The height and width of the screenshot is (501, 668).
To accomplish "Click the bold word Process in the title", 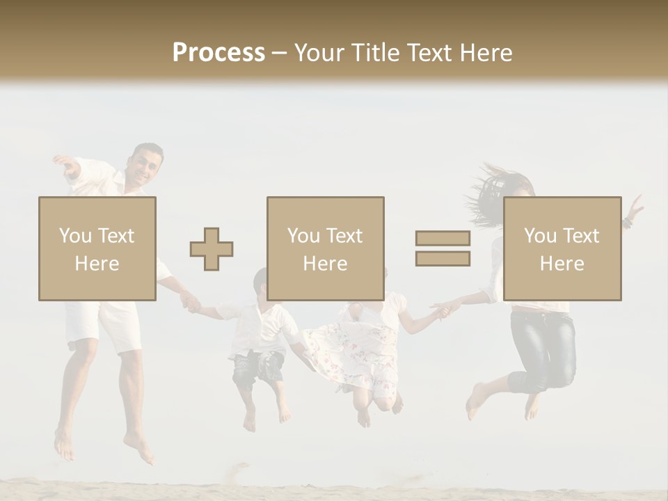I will (218, 53).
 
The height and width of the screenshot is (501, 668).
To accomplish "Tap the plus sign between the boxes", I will (212, 249).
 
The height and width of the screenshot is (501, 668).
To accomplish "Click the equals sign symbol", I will (443, 248).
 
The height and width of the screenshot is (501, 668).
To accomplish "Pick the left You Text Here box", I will (97, 248).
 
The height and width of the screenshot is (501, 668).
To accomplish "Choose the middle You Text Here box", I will (326, 248).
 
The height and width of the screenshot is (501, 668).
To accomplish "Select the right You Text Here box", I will (562, 248).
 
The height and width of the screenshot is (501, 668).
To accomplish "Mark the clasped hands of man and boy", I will (189, 303).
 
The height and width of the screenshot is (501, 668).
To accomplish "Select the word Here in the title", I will (486, 53).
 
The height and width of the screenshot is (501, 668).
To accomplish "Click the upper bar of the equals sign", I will (443, 238).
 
